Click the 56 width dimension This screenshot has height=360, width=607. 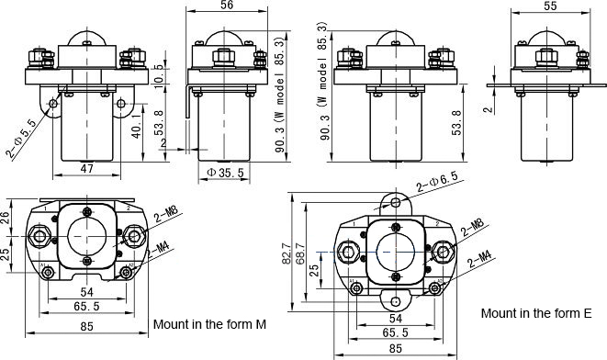point(227,5)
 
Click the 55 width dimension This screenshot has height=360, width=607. point(550,6)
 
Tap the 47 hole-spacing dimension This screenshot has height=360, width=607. point(86,169)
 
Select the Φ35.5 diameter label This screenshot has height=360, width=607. point(225,173)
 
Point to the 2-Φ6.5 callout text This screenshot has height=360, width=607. point(437,182)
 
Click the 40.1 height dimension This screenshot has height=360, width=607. point(137,126)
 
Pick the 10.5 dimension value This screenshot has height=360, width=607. point(159,74)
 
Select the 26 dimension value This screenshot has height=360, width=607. point(5,218)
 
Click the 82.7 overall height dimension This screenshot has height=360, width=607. point(287,253)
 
